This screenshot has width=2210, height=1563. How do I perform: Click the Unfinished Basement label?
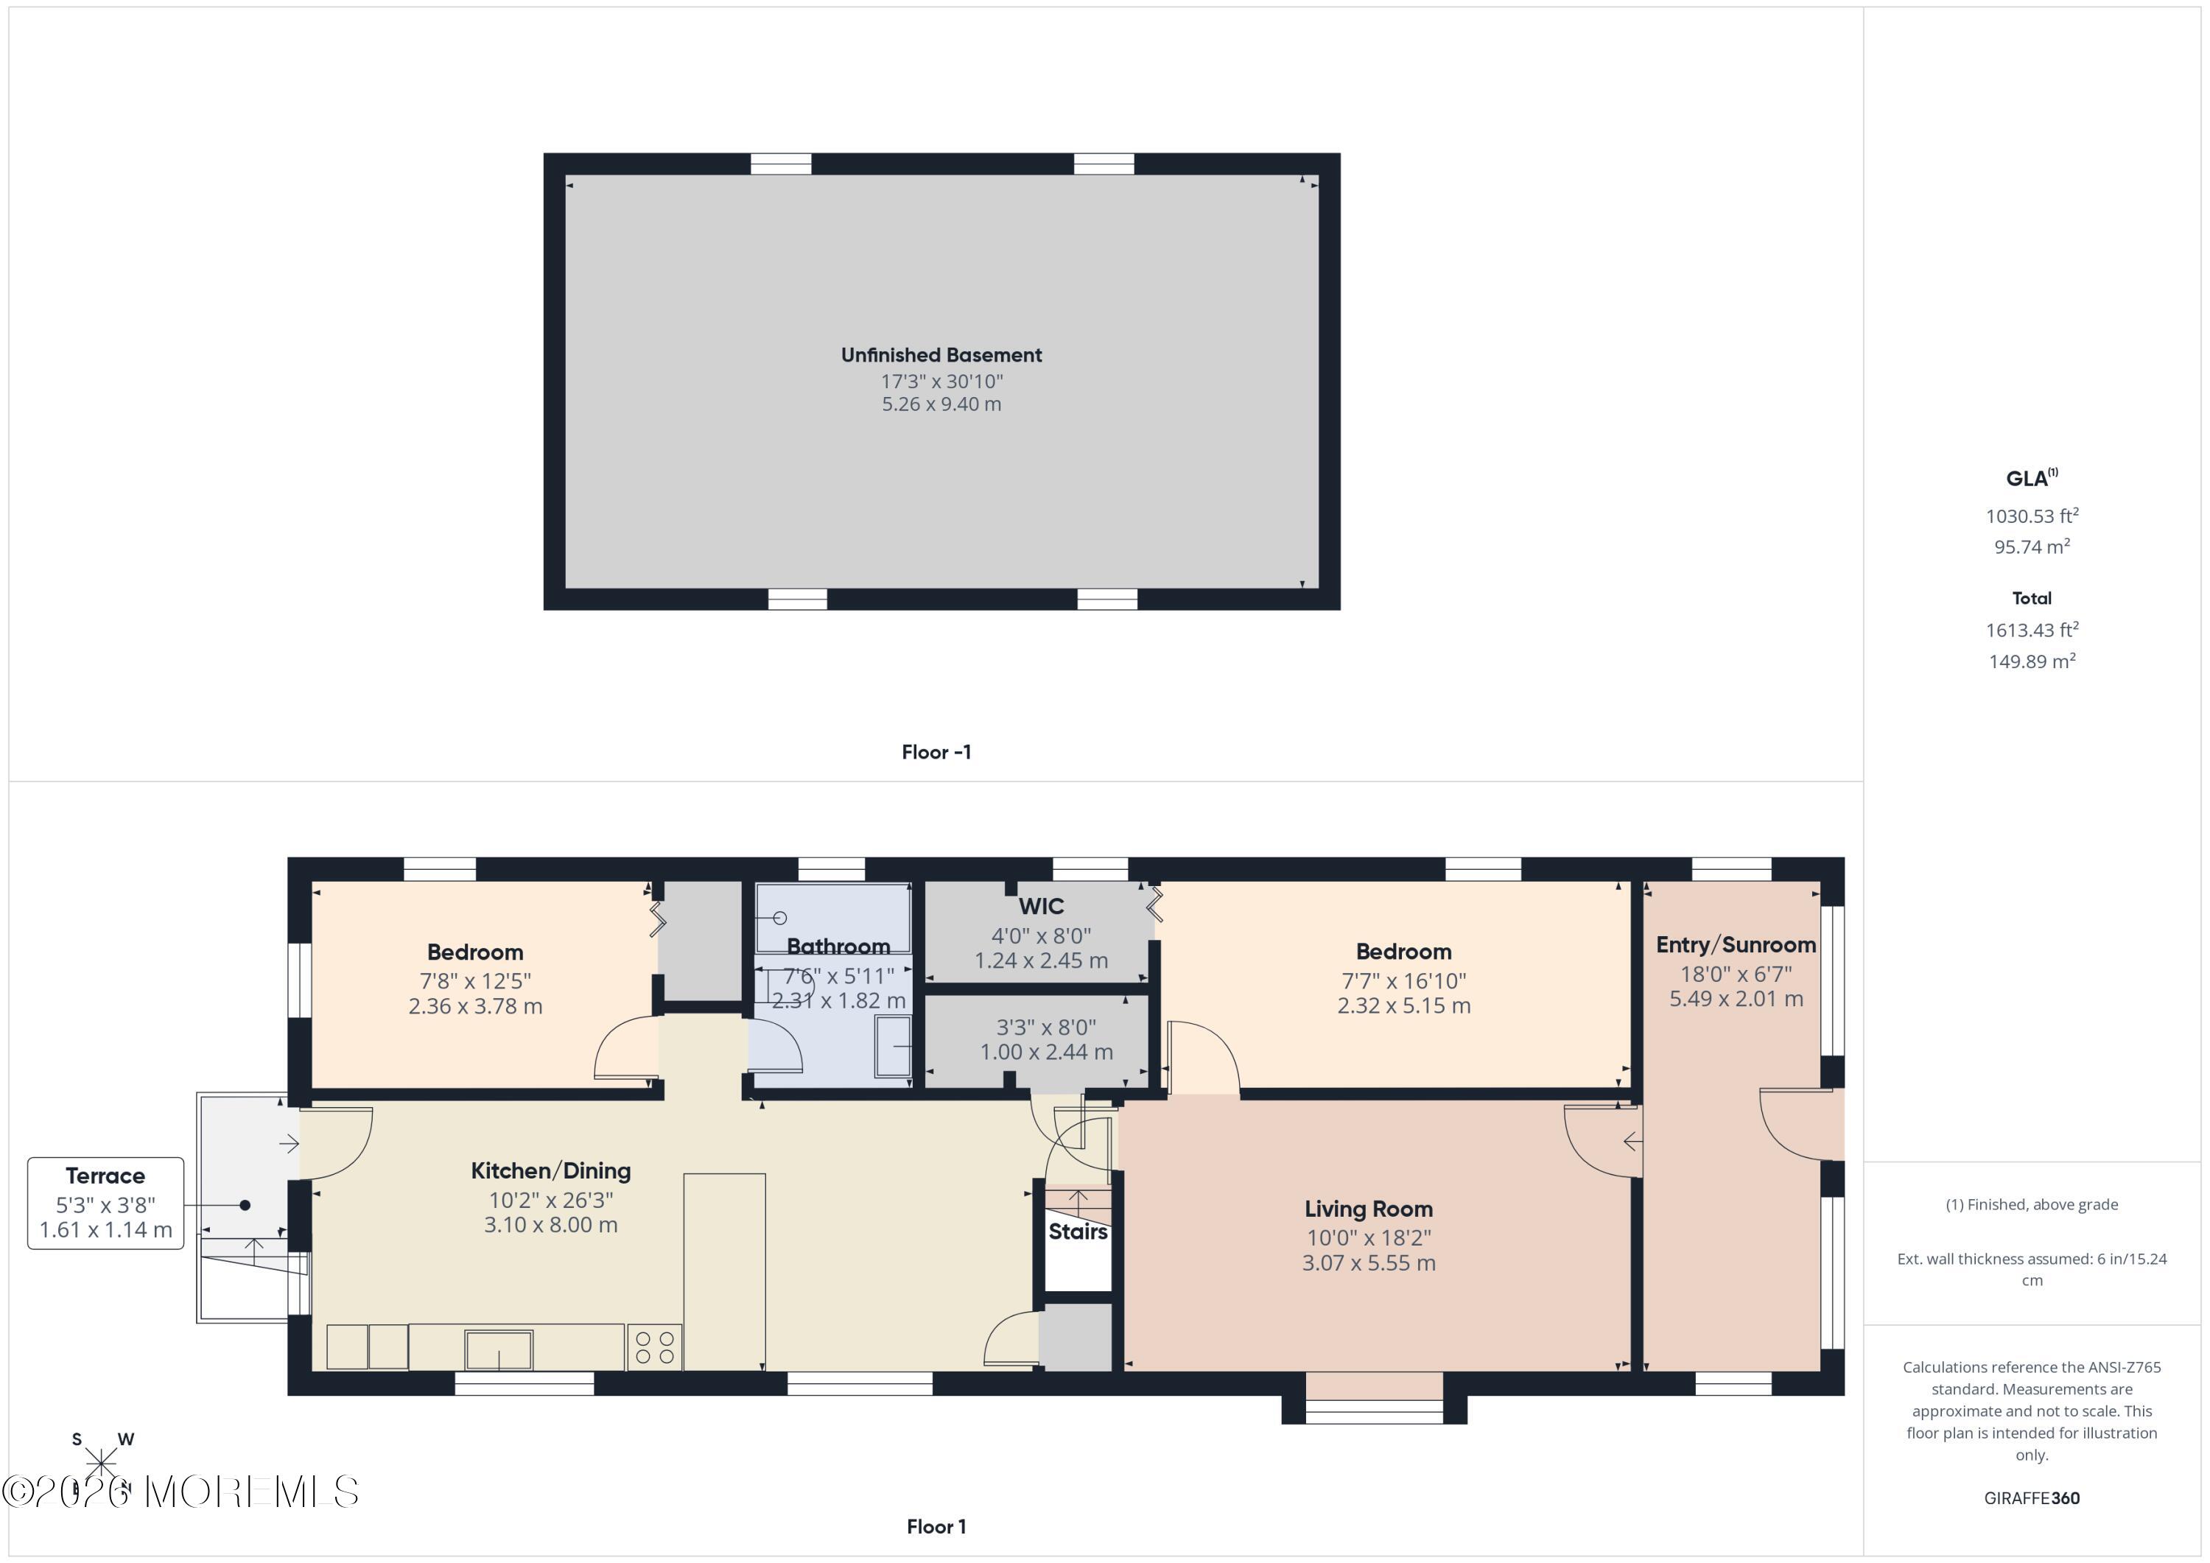tap(941, 355)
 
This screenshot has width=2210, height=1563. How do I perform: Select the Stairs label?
tap(1077, 1232)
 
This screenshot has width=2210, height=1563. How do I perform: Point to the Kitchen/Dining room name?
tap(550, 1171)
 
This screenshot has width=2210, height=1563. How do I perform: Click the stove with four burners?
tap(655, 1347)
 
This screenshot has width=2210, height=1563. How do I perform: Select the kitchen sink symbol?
tap(498, 1349)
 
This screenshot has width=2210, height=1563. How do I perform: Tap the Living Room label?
tap(1368, 1209)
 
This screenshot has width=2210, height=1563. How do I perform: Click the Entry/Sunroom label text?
tap(1735, 945)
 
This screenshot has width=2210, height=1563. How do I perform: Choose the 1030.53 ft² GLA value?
tap(2031, 516)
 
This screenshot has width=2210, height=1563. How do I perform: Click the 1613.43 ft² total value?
tap(2031, 631)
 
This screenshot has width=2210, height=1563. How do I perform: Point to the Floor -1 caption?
tap(936, 753)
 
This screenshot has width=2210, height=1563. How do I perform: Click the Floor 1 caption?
tap(936, 1526)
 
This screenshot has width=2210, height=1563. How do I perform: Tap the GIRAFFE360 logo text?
tap(2031, 1498)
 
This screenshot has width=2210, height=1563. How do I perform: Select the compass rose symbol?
tap(101, 1464)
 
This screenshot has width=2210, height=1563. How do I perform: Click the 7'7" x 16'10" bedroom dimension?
tap(1403, 980)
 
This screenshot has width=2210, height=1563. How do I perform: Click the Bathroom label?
tap(838, 946)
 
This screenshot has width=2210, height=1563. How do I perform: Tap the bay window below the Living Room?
tap(1374, 1410)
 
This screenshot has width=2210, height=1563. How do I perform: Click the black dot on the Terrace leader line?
tap(245, 1205)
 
